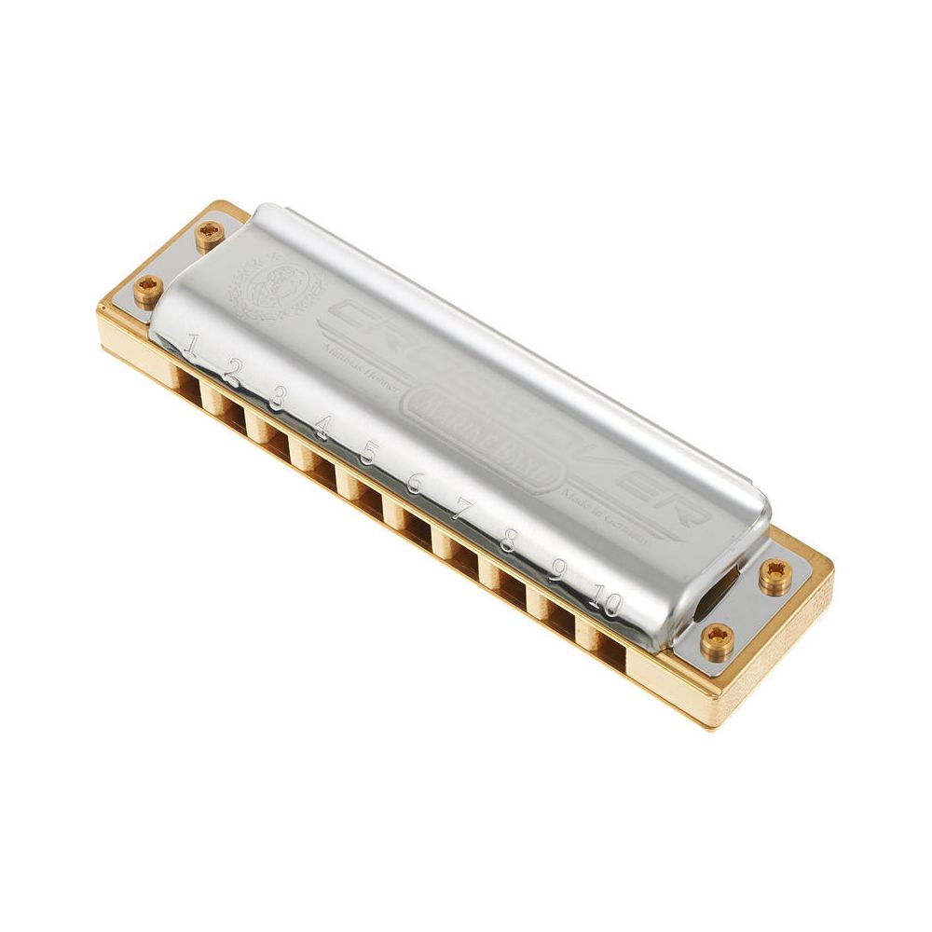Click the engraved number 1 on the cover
click(190, 348)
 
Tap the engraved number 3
click(277, 400)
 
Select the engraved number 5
click(367, 453)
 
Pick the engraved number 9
click(556, 567)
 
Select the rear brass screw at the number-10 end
click(774, 576)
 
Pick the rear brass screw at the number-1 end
click(210, 235)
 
